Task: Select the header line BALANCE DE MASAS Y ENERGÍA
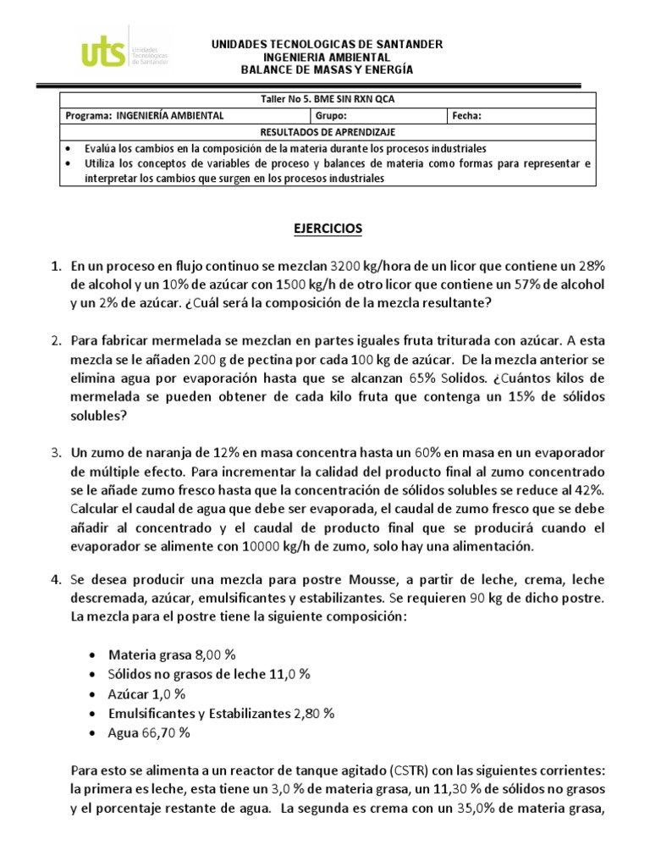[326, 69]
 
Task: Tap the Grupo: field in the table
[331, 116]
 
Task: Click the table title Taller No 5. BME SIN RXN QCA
[328, 99]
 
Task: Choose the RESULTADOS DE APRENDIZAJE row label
[327, 132]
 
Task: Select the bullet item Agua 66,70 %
[149, 732]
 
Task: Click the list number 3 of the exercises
[55, 454]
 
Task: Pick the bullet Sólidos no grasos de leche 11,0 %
[209, 674]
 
